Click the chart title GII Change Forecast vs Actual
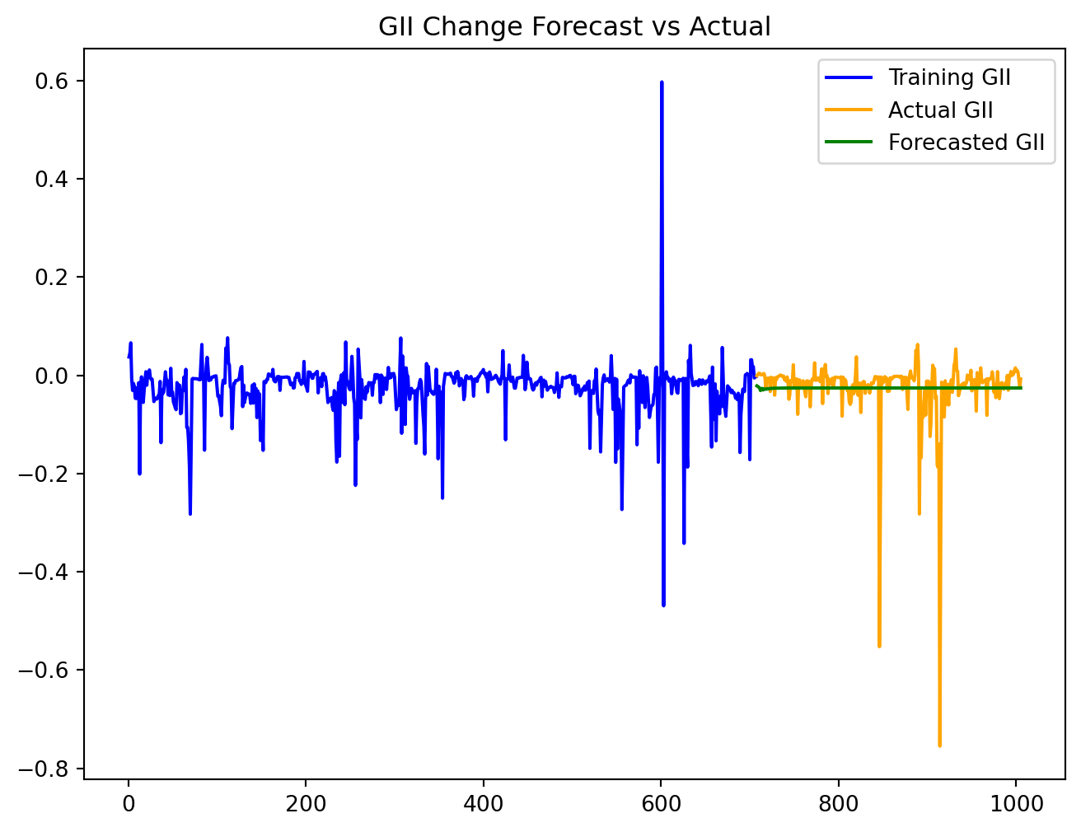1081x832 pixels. pos(574,27)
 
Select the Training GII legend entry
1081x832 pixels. pos(949,78)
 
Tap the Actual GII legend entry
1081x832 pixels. pos(940,110)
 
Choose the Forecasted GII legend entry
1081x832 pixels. pos(966,143)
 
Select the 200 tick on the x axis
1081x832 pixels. pos(306,802)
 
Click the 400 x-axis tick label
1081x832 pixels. pos(484,802)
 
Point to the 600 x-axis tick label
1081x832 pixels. pos(661,802)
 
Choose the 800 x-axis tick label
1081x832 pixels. pos(839,802)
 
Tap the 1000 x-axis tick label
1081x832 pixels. pos(1016,802)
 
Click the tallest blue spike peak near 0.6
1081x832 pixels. pos(662,82)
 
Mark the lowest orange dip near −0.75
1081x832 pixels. pos(939,745)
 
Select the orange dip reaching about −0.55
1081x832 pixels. pos(879,646)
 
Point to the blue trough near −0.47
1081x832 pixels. pos(663,605)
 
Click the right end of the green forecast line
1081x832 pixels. pos(1021,387)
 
